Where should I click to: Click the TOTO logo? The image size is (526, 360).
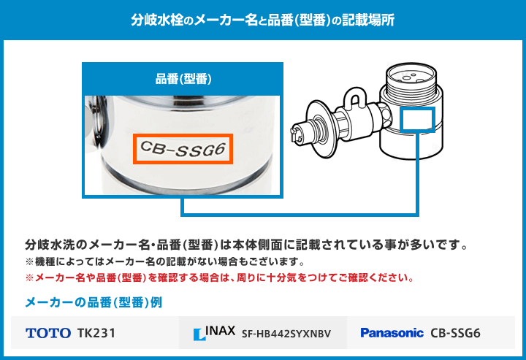(x=48, y=333)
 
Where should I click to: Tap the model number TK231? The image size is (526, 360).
(x=96, y=333)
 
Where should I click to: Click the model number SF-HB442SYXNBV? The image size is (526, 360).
(x=286, y=334)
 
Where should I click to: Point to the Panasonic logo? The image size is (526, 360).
(x=392, y=333)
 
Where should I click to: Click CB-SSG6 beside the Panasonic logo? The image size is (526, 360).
(x=455, y=333)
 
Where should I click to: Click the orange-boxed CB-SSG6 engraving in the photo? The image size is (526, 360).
(x=183, y=149)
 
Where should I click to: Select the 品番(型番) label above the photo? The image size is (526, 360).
(x=183, y=79)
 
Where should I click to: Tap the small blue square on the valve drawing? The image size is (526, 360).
(x=418, y=120)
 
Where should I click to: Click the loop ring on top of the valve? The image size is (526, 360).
(x=354, y=96)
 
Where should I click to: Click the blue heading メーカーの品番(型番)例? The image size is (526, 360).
(x=94, y=302)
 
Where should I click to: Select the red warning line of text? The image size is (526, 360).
(x=220, y=277)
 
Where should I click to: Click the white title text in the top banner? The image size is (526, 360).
(x=263, y=20)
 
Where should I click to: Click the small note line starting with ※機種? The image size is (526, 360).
(x=164, y=261)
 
